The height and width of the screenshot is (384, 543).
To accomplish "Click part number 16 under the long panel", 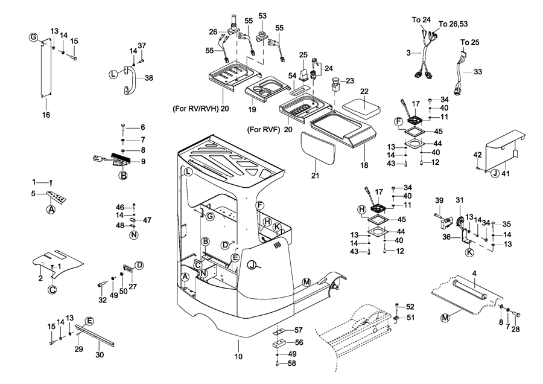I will click(x=46, y=113).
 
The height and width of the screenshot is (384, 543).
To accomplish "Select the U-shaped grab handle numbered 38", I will click(x=128, y=80).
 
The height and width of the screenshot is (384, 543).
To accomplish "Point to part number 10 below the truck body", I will click(x=238, y=357).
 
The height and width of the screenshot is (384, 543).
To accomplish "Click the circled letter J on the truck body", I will click(x=253, y=264).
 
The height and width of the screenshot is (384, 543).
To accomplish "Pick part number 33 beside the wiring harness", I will click(x=478, y=72).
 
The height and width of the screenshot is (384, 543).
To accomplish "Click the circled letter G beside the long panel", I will click(x=33, y=38).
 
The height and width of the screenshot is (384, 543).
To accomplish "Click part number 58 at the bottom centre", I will click(x=292, y=363).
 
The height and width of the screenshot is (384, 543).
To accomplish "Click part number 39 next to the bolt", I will click(x=439, y=201).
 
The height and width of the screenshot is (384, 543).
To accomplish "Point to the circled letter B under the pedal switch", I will click(x=122, y=176).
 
